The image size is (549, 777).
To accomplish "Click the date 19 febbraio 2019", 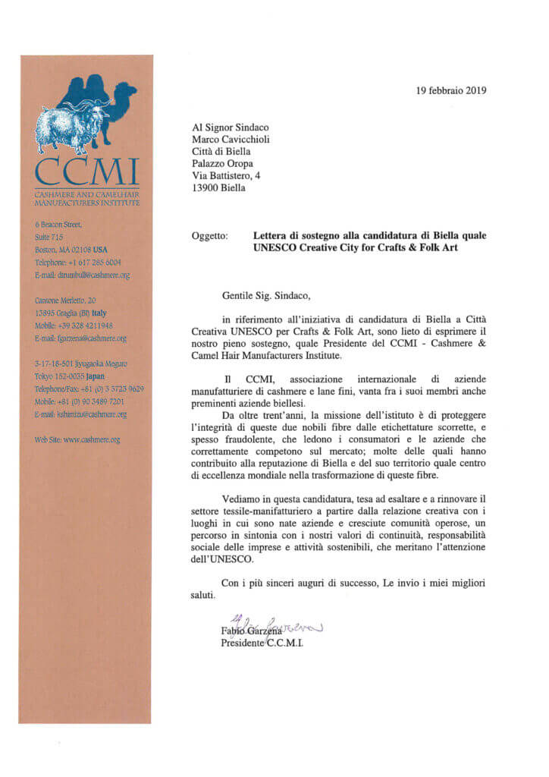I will point(451,91).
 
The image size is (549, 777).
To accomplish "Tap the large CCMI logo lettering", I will point(87,172).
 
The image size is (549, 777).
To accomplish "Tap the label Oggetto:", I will point(209,236).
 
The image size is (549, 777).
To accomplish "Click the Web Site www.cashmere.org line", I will point(77,439).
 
